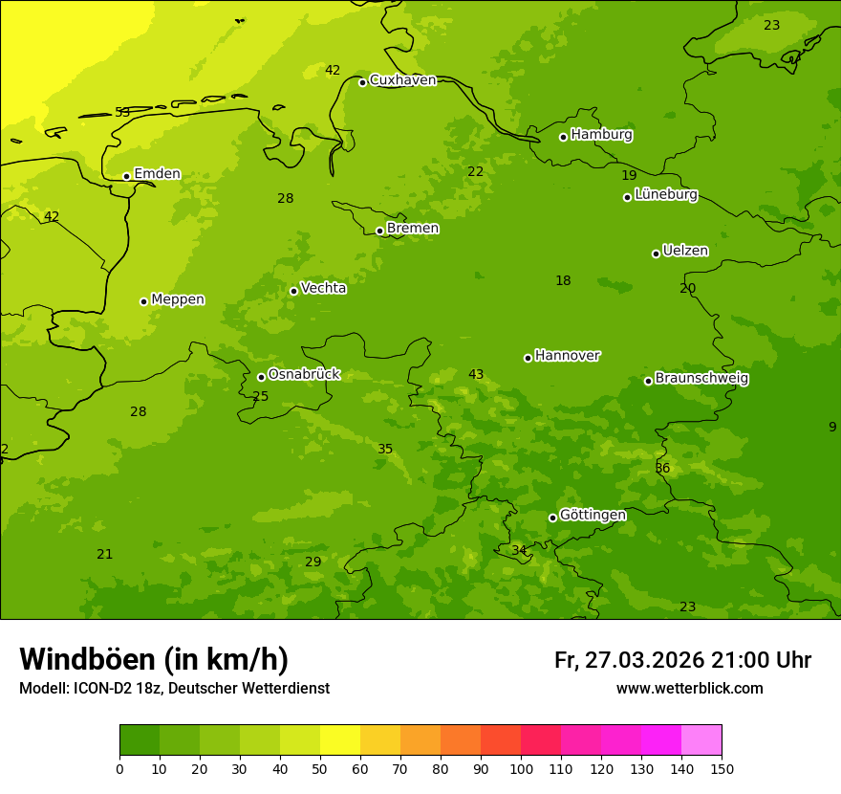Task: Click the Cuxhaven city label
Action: pos(402,80)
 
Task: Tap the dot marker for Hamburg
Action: pos(563,137)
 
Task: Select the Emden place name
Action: pos(157,174)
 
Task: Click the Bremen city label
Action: pos(413,229)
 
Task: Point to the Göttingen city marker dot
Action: pos(552,518)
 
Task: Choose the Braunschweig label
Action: pos(701,379)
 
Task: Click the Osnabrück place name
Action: pos(304,374)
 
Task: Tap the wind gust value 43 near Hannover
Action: pos(476,375)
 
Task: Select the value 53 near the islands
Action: pos(122,113)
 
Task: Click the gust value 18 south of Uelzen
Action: pos(563,281)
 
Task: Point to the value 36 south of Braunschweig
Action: pos(662,469)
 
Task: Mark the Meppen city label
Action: pos(178,299)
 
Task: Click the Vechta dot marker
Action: pos(293,291)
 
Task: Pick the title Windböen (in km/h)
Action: pos(154,659)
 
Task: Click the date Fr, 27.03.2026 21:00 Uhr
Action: pos(682,660)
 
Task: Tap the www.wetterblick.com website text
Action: pos(689,689)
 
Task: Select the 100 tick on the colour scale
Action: pos(521,768)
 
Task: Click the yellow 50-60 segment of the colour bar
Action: pos(340,740)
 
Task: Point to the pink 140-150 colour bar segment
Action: pos(701,740)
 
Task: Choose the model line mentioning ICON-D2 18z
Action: pos(174,689)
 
